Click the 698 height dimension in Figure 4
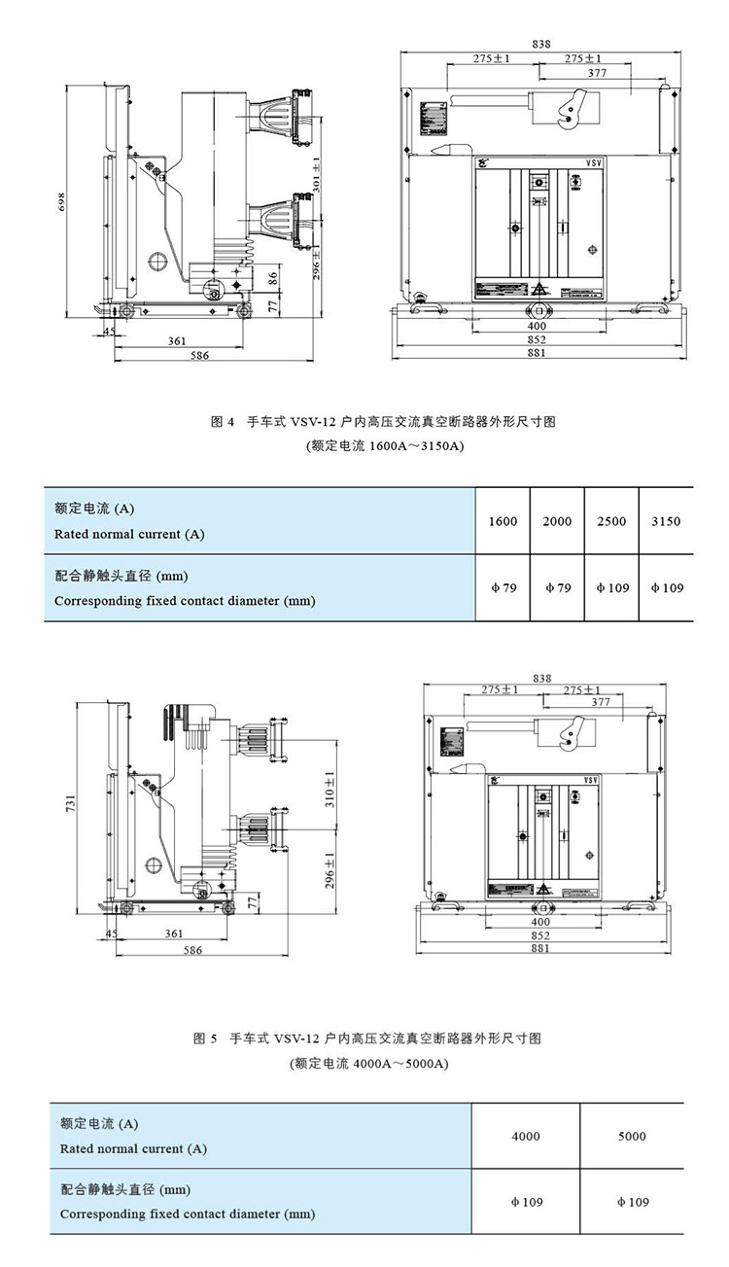(x=60, y=202)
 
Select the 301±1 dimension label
(x=315, y=167)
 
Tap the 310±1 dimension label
(x=330, y=790)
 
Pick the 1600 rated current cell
(x=503, y=521)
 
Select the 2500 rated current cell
(x=611, y=521)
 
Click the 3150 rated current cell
(x=666, y=521)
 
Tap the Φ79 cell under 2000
(x=557, y=587)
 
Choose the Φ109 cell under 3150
(x=666, y=587)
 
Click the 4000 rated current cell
(x=525, y=1136)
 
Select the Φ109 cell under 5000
(x=632, y=1202)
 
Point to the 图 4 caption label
(x=224, y=422)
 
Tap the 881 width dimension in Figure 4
(x=537, y=354)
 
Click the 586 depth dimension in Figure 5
(x=192, y=950)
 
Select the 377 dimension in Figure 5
(x=601, y=701)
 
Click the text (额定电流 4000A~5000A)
(x=368, y=1064)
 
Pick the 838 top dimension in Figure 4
(x=541, y=44)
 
